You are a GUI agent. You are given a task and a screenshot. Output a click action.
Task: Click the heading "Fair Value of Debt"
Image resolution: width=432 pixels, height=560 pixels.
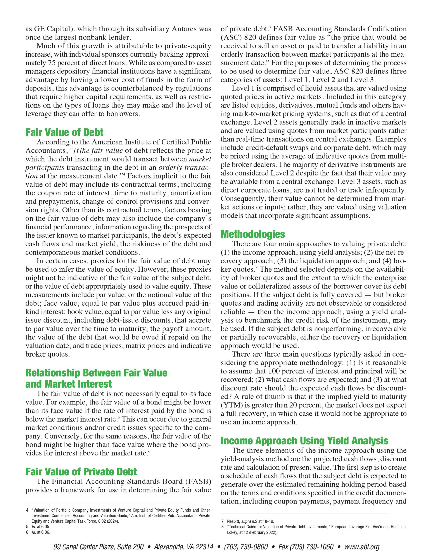[x=64, y=132]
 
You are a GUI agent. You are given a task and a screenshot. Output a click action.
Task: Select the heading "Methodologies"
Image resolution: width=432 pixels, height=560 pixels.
[x=253, y=234]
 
